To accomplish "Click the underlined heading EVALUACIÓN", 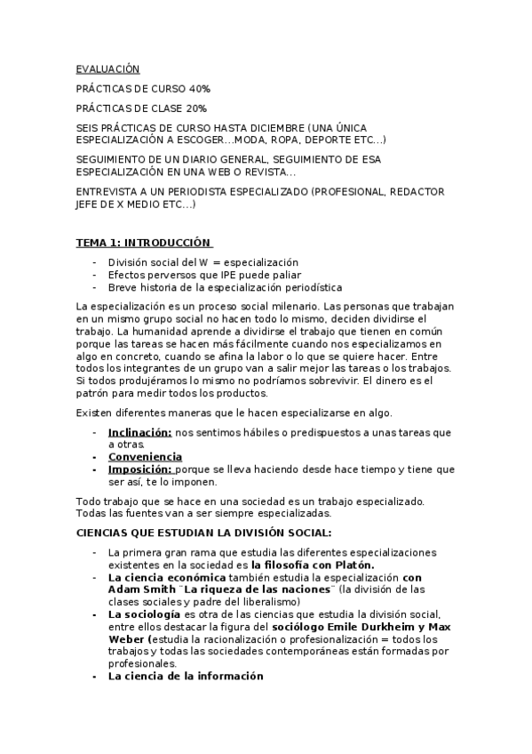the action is pyautogui.click(x=107, y=68).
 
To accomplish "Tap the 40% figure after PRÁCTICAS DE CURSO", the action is pyautogui.click(x=198, y=89).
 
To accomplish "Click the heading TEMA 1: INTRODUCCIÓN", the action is pyautogui.click(x=144, y=242).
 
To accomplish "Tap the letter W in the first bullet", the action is pyautogui.click(x=203, y=262).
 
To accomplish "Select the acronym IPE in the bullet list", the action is pyautogui.click(x=218, y=275).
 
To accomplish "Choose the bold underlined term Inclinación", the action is pyautogui.click(x=139, y=432).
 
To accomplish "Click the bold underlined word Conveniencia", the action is pyautogui.click(x=145, y=457).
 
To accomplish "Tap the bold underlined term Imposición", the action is pyautogui.click(x=140, y=469).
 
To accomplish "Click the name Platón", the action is pyautogui.click(x=354, y=565).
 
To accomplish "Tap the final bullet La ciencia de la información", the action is pyautogui.click(x=186, y=677).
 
